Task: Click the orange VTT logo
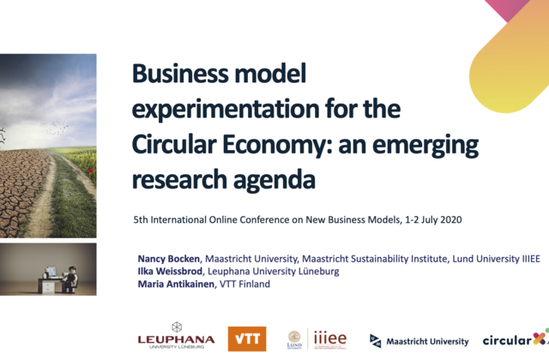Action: pos(247,339)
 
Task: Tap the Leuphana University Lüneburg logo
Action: pos(176,335)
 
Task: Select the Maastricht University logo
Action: pos(419,341)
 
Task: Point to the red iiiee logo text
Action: pos(330,339)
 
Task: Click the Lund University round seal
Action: pos(294,337)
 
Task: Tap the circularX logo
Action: pos(516,339)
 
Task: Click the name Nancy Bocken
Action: pos(168,259)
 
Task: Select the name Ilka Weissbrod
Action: pos(170,272)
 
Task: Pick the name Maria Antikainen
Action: pos(176,284)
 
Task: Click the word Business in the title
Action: pos(179,74)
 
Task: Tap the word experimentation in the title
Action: pos(225,110)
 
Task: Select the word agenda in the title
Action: pos(274,180)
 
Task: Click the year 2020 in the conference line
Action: pos(451,219)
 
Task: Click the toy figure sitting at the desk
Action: pos(70,279)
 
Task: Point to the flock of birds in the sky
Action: pos(56,128)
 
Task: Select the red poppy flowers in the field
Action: pos(90,170)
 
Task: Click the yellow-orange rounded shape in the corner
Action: pos(509,57)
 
